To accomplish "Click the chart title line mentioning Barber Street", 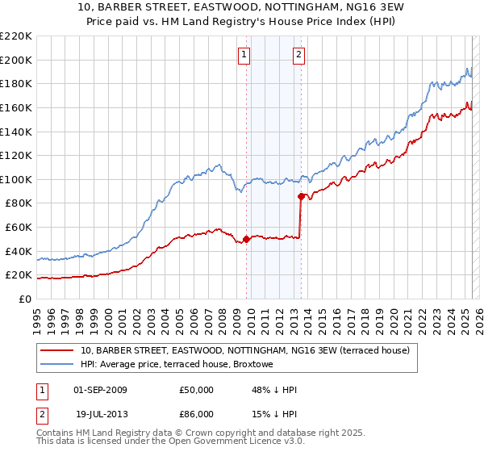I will (x=242, y=7).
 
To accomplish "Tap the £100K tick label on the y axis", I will (x=16, y=179).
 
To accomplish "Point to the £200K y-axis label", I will (x=16, y=60).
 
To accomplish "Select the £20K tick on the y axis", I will (x=19, y=275).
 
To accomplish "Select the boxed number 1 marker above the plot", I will (x=244, y=55).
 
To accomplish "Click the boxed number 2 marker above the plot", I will (x=298, y=55).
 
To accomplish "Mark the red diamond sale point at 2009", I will (x=246, y=239).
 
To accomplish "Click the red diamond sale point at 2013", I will (x=301, y=196).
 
